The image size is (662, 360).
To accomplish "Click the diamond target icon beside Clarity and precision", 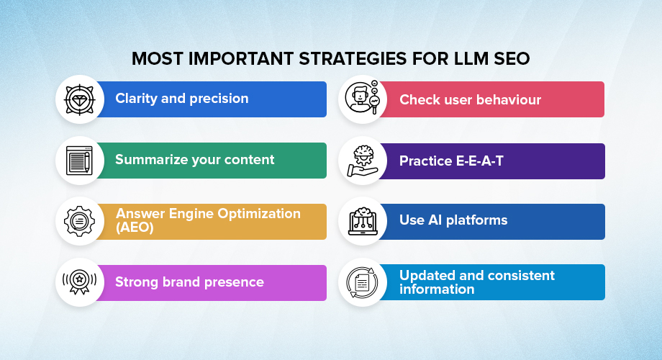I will [x=80, y=99].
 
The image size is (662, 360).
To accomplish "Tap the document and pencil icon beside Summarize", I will [x=80, y=161].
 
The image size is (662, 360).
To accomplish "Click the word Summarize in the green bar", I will [x=151, y=160].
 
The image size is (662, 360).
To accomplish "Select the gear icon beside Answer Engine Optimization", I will [x=80, y=221].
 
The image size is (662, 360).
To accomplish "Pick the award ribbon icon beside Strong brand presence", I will [x=80, y=282].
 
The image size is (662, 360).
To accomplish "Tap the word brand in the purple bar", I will [x=180, y=282].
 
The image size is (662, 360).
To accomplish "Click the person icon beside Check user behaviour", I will [x=363, y=99].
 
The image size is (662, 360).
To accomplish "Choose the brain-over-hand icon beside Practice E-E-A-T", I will [x=363, y=161].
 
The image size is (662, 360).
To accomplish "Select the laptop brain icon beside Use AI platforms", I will [x=363, y=221].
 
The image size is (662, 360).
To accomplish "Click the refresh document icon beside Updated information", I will [x=363, y=282].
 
